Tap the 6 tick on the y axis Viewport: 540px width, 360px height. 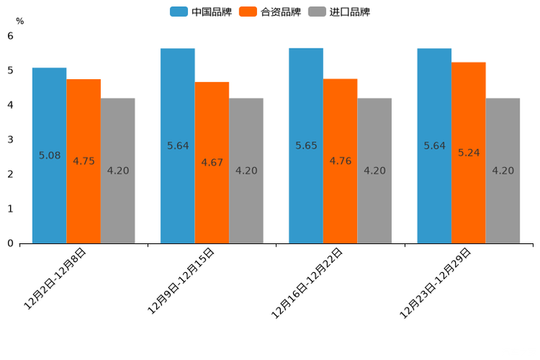click(x=10, y=36)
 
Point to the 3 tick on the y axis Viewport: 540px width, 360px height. click(x=10, y=139)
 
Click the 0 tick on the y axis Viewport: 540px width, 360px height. click(x=10, y=243)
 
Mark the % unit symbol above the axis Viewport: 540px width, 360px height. click(x=20, y=21)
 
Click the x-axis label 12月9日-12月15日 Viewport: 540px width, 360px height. click(x=181, y=281)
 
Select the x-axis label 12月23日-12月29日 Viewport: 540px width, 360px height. click(x=435, y=283)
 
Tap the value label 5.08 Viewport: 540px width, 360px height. click(x=49, y=155)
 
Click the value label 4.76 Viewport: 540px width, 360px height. click(x=340, y=161)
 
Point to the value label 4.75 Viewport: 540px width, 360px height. click(x=83, y=161)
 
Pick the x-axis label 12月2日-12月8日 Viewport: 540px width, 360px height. click(x=56, y=279)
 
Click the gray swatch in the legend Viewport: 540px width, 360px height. click(x=316, y=12)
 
